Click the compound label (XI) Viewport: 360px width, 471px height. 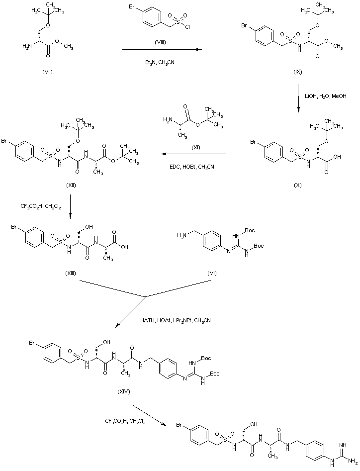195,148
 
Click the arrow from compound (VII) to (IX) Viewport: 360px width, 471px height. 161,50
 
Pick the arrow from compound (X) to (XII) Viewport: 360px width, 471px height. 194,154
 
